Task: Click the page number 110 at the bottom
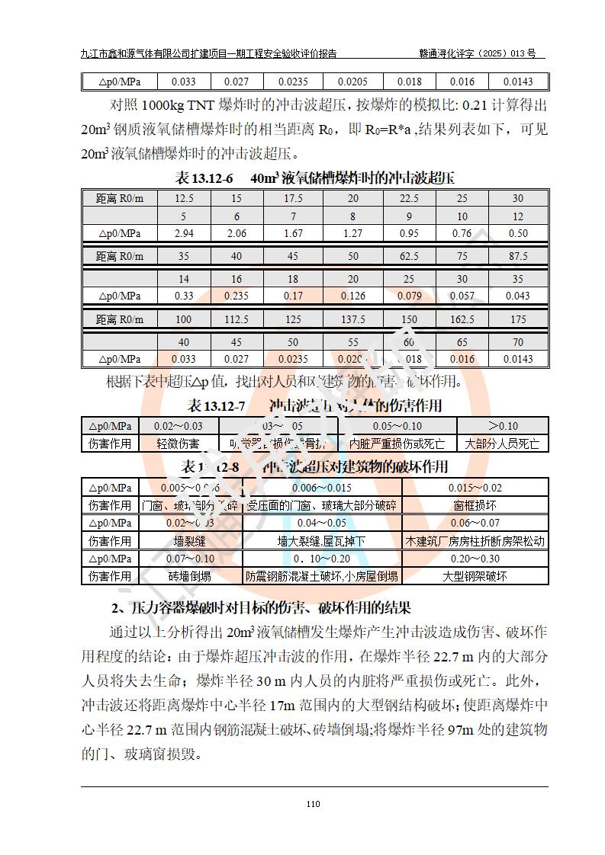(x=312, y=803)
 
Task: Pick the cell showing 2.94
(x=184, y=233)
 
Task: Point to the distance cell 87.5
(x=518, y=257)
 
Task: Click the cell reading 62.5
(x=409, y=257)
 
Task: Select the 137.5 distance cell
(x=352, y=320)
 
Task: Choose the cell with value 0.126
(x=352, y=296)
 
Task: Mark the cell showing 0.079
(x=409, y=296)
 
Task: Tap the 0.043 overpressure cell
(x=518, y=296)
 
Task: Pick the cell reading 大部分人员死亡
(x=502, y=443)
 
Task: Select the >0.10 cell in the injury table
(x=502, y=426)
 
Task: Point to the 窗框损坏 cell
(x=475, y=504)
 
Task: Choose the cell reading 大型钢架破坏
(x=475, y=577)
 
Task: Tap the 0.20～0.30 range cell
(x=475, y=559)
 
